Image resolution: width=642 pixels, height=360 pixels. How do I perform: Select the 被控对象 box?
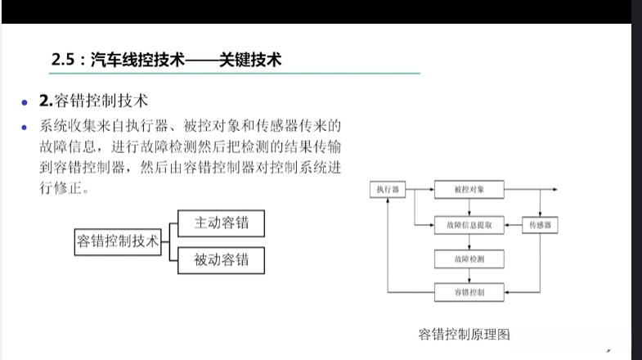click(x=469, y=190)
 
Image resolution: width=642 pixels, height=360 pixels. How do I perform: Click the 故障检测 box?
click(x=469, y=259)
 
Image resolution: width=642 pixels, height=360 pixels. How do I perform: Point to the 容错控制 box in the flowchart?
click(x=469, y=291)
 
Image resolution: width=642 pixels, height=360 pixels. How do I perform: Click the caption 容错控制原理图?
click(x=464, y=335)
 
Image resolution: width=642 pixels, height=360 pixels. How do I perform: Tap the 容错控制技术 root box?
click(x=118, y=241)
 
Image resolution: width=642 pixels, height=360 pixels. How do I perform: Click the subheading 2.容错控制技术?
click(x=93, y=101)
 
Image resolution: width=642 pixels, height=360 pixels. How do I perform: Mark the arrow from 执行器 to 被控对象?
click(x=419, y=190)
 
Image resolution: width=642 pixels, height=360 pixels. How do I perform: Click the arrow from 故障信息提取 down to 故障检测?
click(x=469, y=242)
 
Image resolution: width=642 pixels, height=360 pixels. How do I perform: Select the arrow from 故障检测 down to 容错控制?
click(x=469, y=276)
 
